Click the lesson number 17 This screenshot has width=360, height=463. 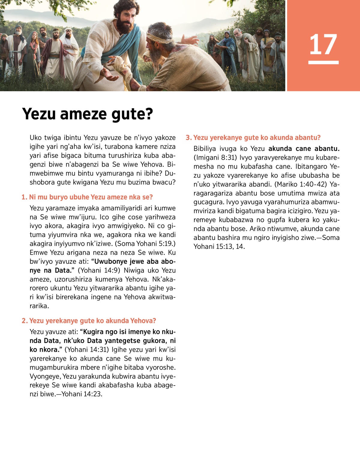pyautogui.click(x=323, y=44)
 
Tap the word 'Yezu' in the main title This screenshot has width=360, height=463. pyautogui.click(x=39, y=114)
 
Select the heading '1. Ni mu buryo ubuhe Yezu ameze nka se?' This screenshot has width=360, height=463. pyautogui.click(x=87, y=197)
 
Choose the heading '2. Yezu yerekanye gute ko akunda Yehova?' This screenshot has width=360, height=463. pyautogui.click(x=89, y=321)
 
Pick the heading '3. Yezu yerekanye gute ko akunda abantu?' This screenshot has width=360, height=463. pyautogui.click(x=253, y=138)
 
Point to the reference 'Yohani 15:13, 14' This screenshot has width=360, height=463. pyautogui.click(x=219, y=247)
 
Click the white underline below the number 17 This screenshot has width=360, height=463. pyautogui.click(x=323, y=62)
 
